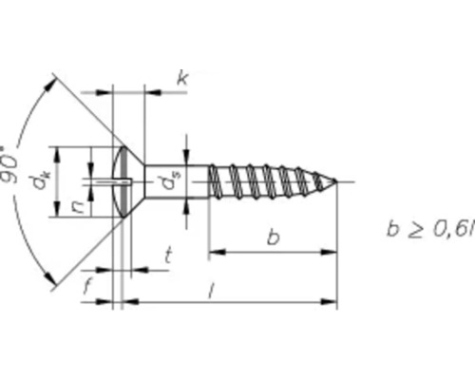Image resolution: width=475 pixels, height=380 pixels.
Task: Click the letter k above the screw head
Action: [181, 79]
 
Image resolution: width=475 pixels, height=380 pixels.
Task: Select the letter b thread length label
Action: [273, 237]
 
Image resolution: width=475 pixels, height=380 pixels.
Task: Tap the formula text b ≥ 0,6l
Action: [427, 229]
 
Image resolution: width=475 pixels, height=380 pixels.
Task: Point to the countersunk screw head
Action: [128, 180]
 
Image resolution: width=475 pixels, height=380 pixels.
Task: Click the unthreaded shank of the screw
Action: [185, 180]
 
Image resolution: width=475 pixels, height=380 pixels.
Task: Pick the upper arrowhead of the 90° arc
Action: [47, 84]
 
